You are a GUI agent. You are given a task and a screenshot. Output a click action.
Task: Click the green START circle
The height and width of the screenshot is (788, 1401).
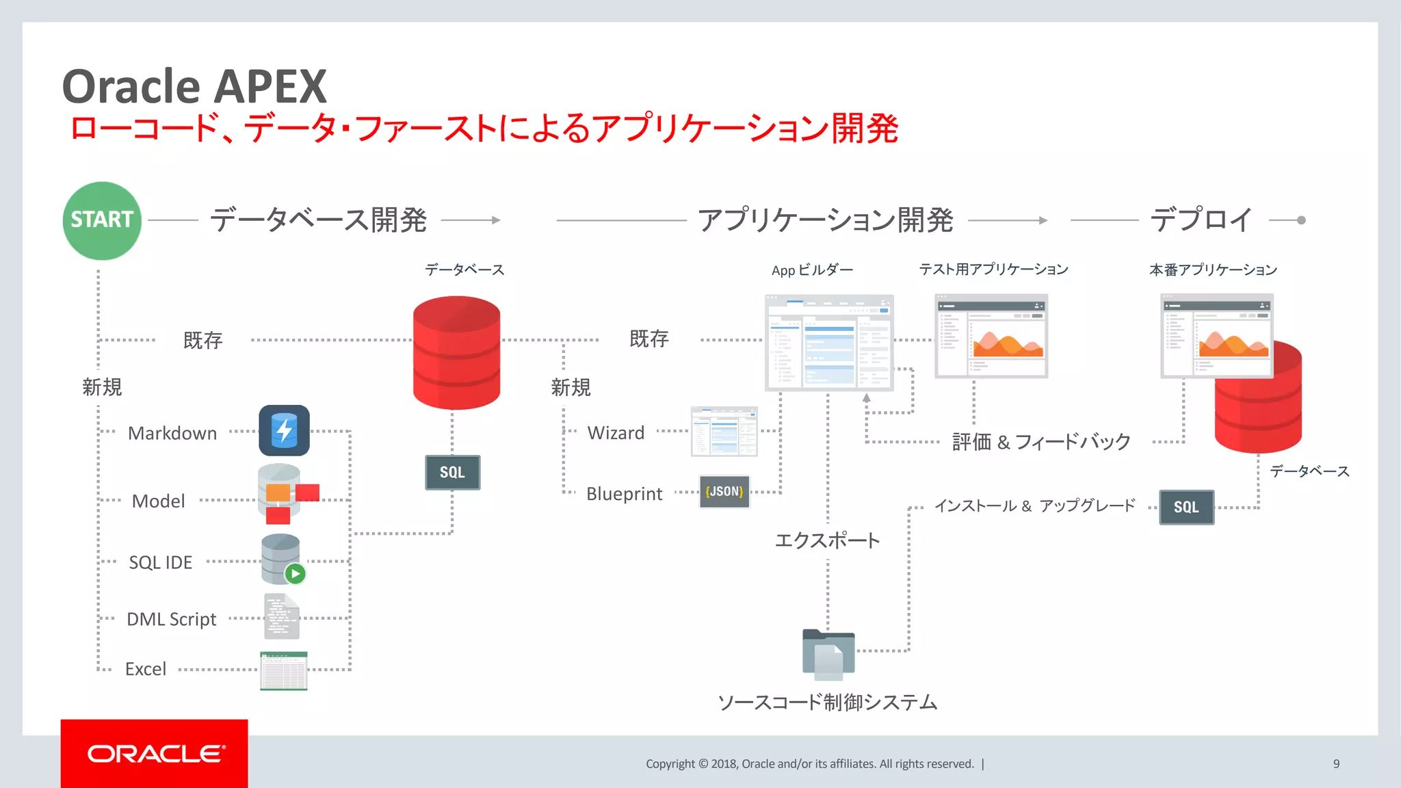pyautogui.click(x=102, y=220)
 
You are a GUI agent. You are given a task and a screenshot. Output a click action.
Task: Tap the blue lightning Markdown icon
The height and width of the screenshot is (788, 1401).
pyautogui.click(x=284, y=431)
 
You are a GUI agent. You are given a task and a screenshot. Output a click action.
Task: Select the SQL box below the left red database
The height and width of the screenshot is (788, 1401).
pyautogui.click(x=452, y=473)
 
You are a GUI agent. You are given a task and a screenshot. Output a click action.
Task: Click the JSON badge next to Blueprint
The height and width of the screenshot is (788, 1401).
pyautogui.click(x=724, y=492)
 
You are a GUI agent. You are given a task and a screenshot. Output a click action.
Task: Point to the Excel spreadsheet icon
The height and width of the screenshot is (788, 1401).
pyautogui.click(x=283, y=670)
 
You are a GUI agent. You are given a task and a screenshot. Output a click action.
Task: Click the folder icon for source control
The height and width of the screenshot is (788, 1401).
pyautogui.click(x=828, y=654)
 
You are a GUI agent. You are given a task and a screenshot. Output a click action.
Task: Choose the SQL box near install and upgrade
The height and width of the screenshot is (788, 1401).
pyautogui.click(x=1186, y=508)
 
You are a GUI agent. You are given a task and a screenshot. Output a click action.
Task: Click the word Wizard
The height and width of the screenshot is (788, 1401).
pyautogui.click(x=616, y=433)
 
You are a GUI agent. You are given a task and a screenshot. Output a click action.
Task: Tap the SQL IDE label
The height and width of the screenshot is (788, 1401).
pyautogui.click(x=161, y=562)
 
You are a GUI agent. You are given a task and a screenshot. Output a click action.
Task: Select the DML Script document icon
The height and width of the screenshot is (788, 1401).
pyautogui.click(x=281, y=616)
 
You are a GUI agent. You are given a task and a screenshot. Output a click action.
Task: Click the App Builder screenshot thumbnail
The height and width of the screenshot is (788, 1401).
pyautogui.click(x=829, y=342)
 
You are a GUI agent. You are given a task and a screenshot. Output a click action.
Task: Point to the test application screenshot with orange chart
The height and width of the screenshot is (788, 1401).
pyautogui.click(x=991, y=336)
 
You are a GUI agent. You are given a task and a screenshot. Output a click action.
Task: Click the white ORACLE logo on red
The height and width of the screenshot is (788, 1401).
pyautogui.click(x=155, y=754)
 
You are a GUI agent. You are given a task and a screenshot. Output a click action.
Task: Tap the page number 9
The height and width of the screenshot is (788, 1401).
pyautogui.click(x=1336, y=764)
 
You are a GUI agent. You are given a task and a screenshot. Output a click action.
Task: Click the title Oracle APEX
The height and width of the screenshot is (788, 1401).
pyautogui.click(x=195, y=87)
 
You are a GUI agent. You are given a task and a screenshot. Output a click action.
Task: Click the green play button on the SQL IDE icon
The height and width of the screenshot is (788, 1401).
pyautogui.click(x=295, y=574)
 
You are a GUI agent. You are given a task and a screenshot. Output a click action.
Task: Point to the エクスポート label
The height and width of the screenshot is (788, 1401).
pyautogui.click(x=827, y=540)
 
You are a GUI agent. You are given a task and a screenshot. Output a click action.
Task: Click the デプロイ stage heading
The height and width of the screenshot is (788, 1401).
pyautogui.click(x=1201, y=220)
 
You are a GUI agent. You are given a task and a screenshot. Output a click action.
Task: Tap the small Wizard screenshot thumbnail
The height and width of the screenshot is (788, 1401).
pyautogui.click(x=724, y=432)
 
